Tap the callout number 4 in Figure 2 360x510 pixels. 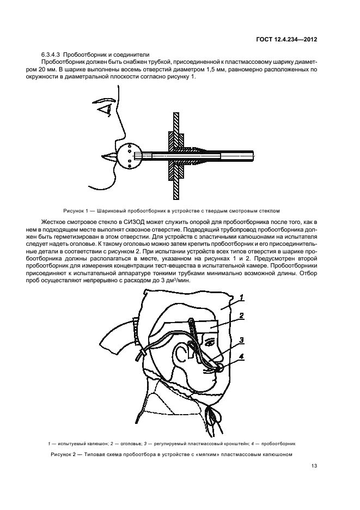pos(241,357)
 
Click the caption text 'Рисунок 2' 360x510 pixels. pos(65,454)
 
